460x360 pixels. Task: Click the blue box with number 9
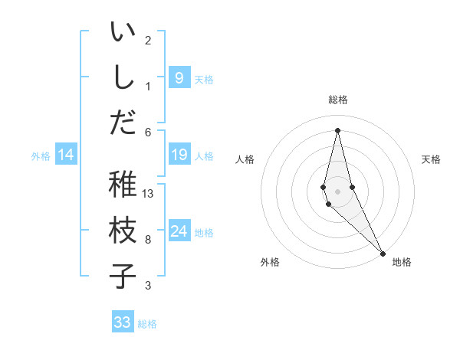(x=179, y=77)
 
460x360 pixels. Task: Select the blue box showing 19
(x=179, y=155)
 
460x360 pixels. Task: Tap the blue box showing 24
(x=179, y=232)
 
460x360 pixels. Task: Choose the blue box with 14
(x=66, y=155)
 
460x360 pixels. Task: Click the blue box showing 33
(x=123, y=322)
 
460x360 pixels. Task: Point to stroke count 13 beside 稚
(x=148, y=194)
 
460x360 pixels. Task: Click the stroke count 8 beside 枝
(x=148, y=240)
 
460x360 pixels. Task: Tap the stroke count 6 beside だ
(x=148, y=132)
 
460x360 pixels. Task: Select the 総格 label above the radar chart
(x=337, y=100)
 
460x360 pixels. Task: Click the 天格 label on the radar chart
(x=431, y=159)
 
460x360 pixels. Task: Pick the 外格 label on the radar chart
(x=269, y=262)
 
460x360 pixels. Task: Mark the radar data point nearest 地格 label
(x=382, y=252)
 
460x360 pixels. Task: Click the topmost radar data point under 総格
(x=337, y=129)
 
